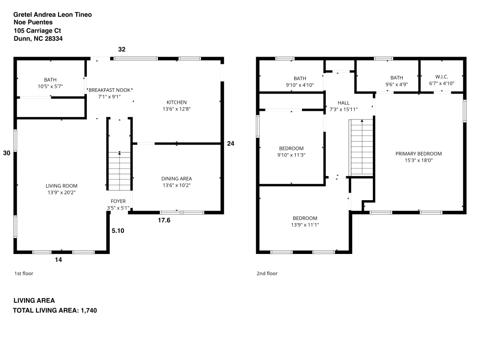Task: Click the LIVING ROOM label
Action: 61,186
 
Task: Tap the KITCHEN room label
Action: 176,102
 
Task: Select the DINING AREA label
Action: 176,179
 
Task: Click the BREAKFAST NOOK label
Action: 110,90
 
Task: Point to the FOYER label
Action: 118,201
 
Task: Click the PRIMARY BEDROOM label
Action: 418,154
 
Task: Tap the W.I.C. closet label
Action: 441,77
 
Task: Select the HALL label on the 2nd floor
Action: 344,103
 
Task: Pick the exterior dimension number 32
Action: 122,49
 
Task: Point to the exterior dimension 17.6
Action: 165,220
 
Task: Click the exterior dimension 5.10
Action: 118,231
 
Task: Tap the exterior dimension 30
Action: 7,153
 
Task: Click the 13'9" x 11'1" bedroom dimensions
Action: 305,225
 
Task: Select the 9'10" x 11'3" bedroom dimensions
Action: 292,155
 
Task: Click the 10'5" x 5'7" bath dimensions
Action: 50,86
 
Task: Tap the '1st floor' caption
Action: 24,274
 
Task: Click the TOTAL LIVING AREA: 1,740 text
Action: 55,311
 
